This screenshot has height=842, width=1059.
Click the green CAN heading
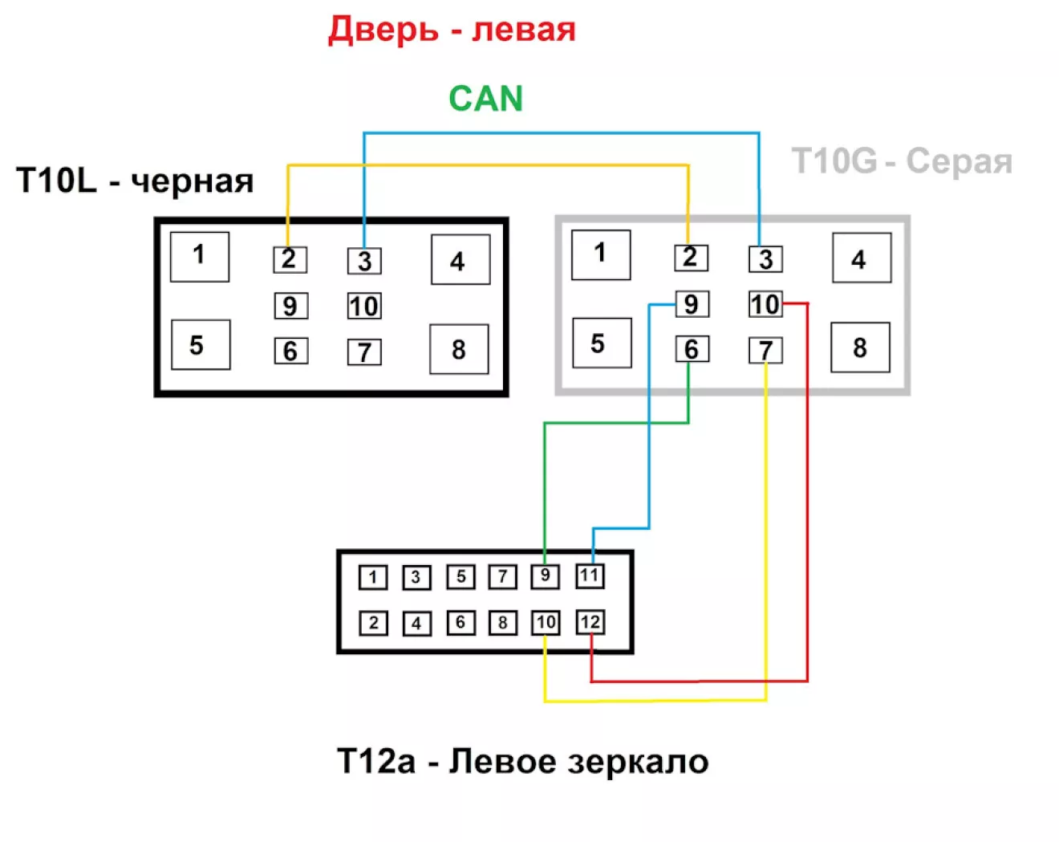[485, 99]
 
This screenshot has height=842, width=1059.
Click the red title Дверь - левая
[452, 30]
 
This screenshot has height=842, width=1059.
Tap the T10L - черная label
[135, 181]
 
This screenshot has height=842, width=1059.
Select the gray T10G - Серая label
[902, 161]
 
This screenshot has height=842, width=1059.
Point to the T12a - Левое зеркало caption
[522, 761]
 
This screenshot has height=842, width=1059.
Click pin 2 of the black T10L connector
[290, 259]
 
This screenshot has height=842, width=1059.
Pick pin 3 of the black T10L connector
[364, 261]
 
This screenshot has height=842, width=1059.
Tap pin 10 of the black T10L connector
[364, 306]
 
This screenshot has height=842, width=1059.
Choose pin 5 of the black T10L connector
[201, 344]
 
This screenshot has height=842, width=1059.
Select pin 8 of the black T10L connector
[459, 349]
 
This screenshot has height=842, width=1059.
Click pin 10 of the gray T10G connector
[765, 303]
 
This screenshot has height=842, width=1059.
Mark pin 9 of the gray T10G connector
[692, 303]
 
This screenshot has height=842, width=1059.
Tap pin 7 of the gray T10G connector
[765, 350]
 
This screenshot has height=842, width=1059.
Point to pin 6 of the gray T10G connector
[692, 349]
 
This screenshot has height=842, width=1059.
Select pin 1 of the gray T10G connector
[601, 254]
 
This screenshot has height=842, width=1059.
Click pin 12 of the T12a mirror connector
[590, 622]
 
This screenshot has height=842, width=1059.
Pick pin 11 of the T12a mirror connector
[590, 576]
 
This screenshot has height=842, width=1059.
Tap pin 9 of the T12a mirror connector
[545, 576]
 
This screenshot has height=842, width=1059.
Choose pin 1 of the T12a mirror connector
[373, 577]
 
